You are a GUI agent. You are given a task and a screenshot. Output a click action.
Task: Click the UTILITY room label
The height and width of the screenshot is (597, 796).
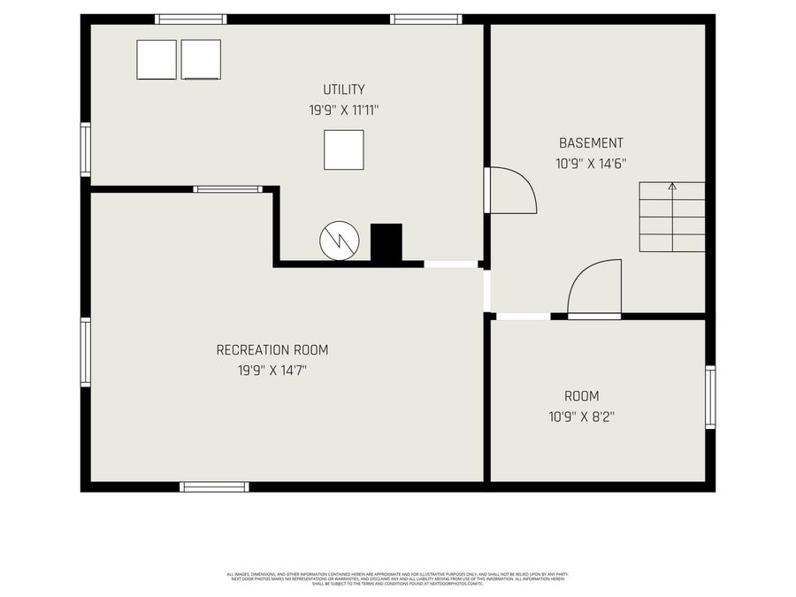tap(343, 89)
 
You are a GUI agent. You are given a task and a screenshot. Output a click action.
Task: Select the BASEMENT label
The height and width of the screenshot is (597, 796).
tap(591, 142)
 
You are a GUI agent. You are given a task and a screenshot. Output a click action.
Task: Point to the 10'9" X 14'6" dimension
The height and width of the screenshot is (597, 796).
tap(591, 164)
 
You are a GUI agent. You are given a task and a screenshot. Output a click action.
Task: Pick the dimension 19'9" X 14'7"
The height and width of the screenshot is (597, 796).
tap(265, 371)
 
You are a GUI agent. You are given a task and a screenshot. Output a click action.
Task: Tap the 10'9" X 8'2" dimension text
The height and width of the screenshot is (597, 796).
tap(581, 417)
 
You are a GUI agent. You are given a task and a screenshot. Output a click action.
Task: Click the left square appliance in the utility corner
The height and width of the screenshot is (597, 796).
tap(157, 59)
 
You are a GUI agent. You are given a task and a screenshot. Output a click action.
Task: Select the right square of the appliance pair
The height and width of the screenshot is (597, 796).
tap(201, 59)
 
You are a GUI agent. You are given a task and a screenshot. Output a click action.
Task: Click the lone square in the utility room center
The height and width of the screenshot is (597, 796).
tap(343, 149)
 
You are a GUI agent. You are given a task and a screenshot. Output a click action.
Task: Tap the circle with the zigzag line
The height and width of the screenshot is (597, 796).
tap(338, 241)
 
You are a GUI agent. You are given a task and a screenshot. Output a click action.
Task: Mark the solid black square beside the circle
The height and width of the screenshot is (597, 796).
tap(386, 242)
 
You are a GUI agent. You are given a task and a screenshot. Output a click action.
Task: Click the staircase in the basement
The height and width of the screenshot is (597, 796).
tap(672, 218)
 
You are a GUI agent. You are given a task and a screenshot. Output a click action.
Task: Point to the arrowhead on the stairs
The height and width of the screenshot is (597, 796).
tap(672, 187)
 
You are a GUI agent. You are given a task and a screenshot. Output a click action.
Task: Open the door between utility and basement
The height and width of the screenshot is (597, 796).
tap(511, 190)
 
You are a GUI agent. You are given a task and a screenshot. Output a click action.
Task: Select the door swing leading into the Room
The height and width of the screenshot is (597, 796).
tap(594, 289)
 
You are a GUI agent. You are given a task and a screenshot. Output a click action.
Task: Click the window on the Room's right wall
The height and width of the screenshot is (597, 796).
tap(710, 398)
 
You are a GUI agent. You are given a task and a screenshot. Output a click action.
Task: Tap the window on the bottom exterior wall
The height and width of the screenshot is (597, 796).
tap(214, 486)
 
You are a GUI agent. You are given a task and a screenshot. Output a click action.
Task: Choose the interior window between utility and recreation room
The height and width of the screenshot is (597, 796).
tap(227, 188)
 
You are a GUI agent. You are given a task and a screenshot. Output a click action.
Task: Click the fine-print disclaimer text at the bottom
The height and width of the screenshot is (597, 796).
tap(397, 578)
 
